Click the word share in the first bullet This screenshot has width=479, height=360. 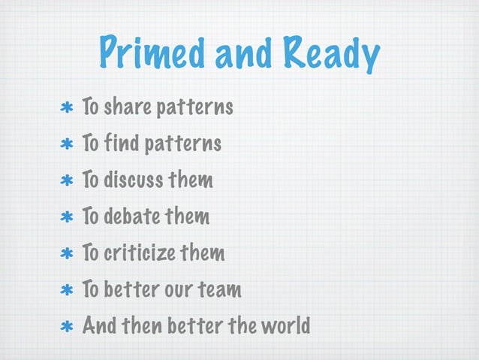click(126, 108)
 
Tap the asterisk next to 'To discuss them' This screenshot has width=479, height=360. click(65, 181)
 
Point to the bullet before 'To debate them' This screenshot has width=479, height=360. click(65, 217)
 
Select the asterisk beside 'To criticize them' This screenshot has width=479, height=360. click(65, 253)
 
